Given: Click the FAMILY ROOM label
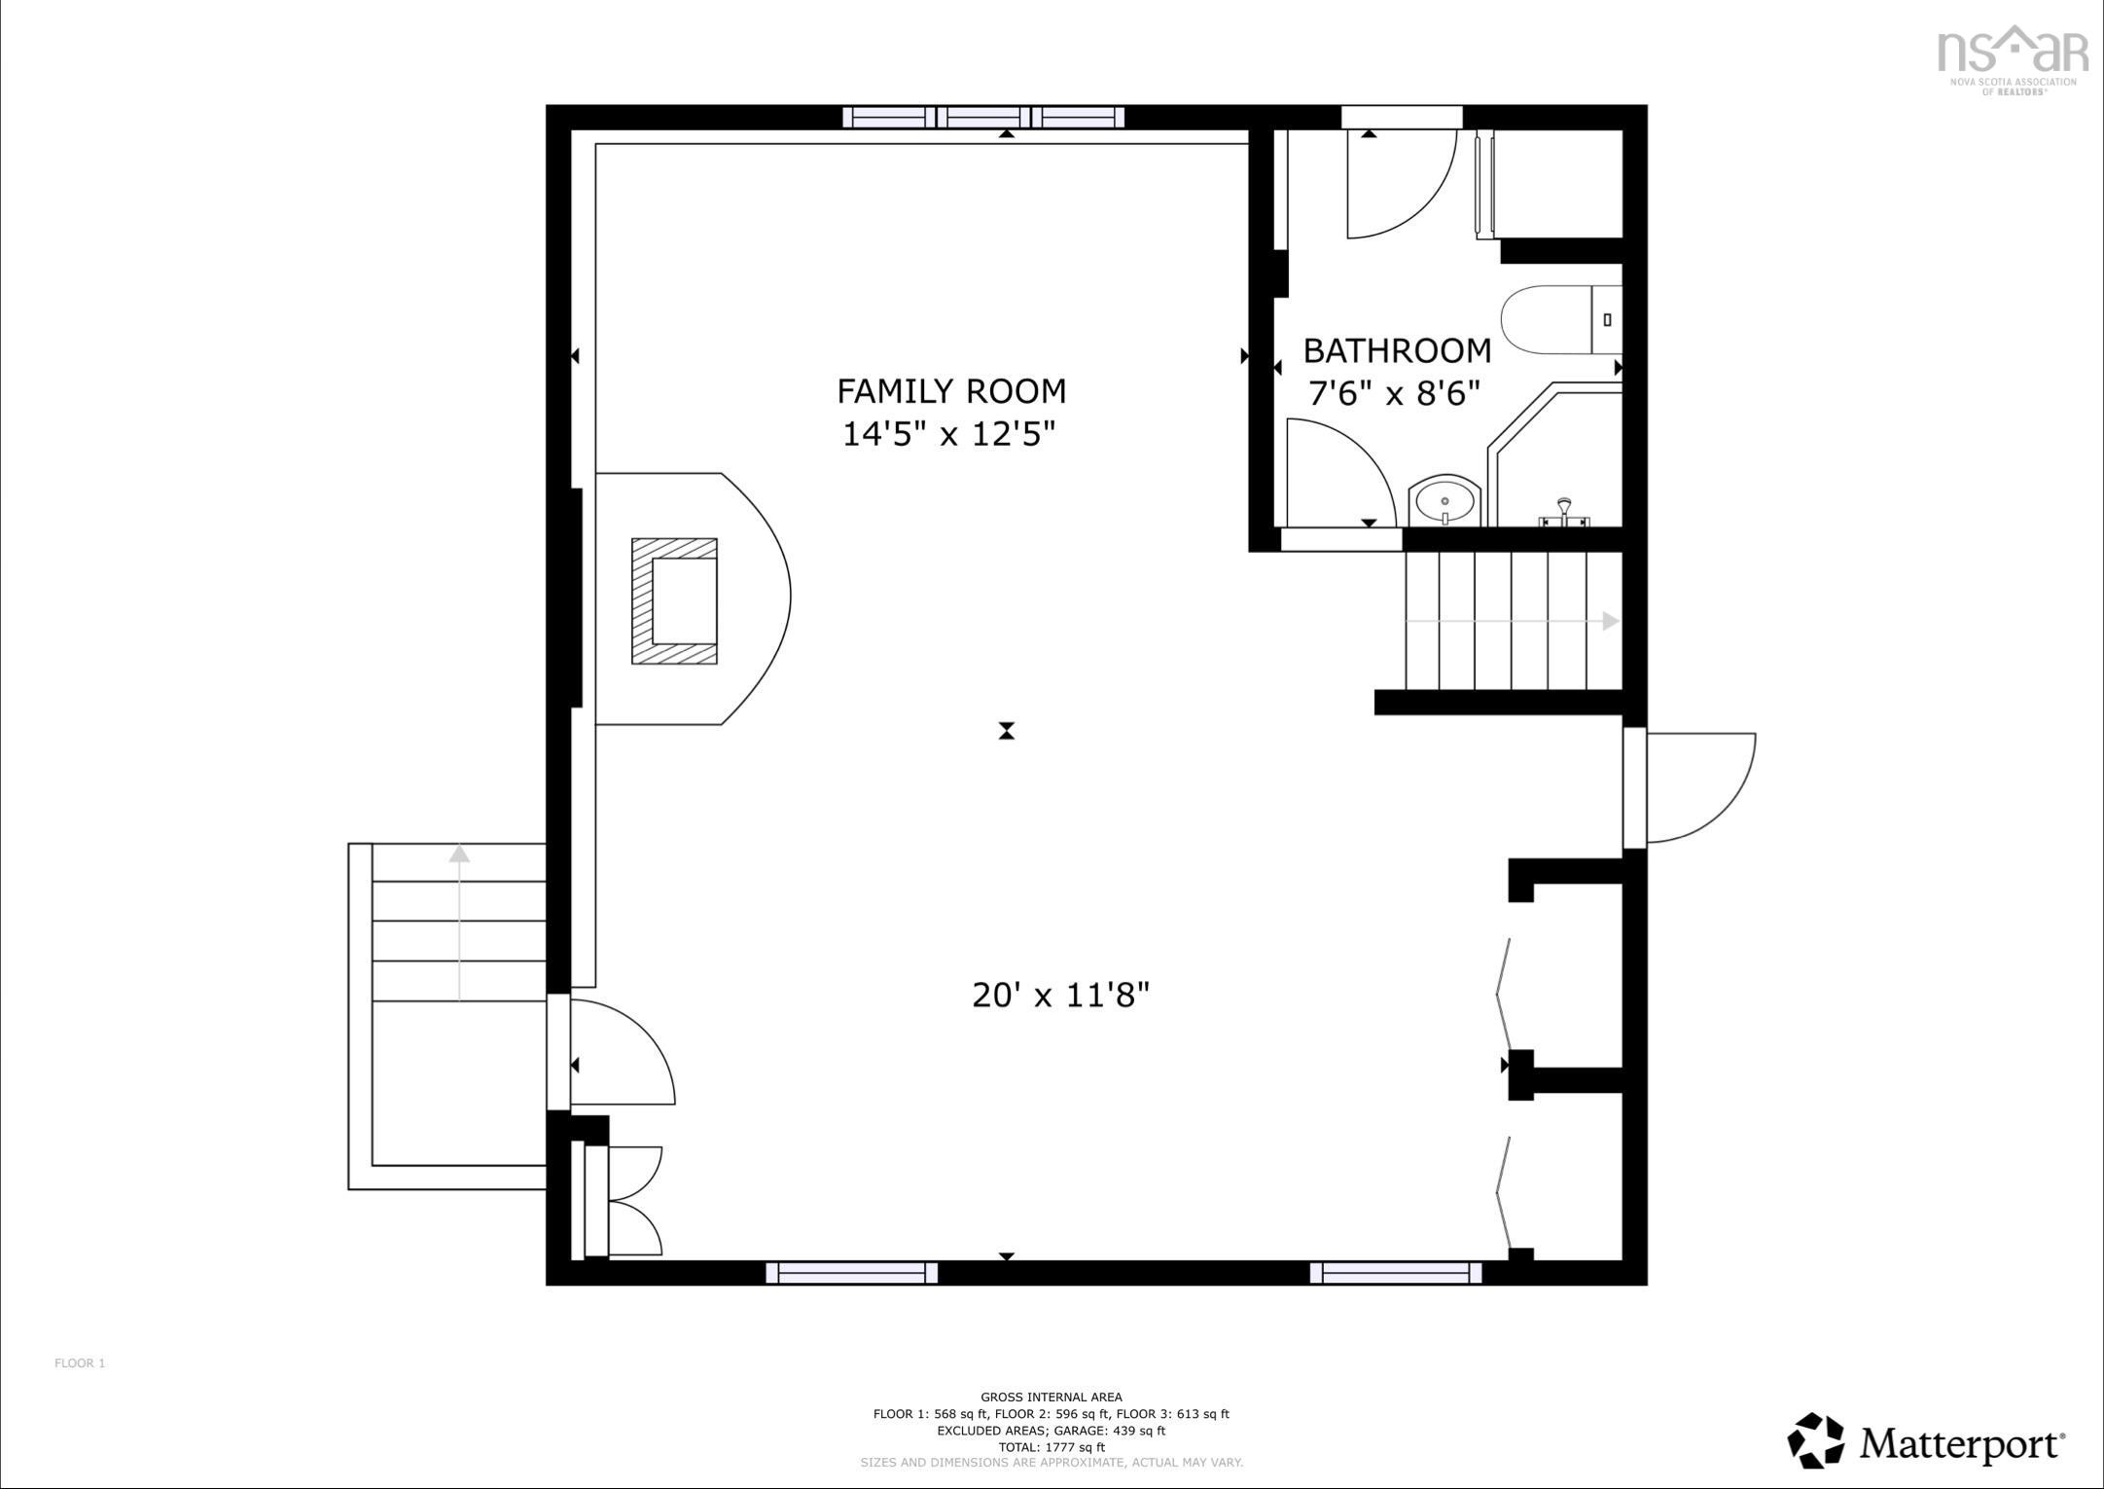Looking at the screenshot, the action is point(951,391).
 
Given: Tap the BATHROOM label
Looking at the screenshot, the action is point(1397,350).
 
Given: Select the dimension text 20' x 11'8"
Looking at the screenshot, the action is point(1061,995).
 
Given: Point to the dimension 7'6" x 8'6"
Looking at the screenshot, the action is point(1394,393).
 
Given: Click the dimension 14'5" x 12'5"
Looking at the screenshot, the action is point(948,433).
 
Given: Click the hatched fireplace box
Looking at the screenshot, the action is point(674,601).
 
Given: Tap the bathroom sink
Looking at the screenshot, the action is point(1444,501).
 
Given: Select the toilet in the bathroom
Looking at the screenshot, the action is point(1561,319).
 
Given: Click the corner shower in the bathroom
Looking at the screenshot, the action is point(1554,454).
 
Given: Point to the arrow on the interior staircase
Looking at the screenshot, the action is point(1513,621).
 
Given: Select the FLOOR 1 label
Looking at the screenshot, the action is point(80,1363).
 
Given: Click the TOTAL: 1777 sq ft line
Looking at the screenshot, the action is point(1051,1447).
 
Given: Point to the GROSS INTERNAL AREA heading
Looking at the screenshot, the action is point(1051,1398).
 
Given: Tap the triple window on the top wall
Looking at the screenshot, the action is point(982,118).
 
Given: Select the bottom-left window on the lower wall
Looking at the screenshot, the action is point(851,1272).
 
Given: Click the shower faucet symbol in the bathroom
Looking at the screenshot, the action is point(1563,513).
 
